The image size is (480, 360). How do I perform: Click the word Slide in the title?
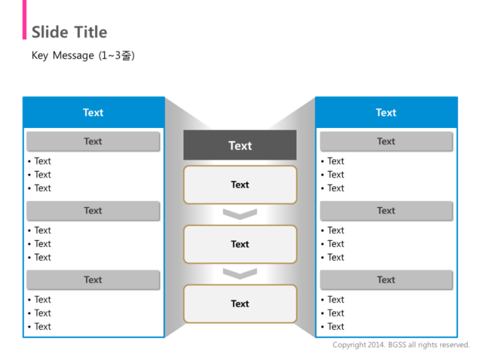pos(50,32)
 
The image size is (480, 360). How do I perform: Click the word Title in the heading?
pos(90,32)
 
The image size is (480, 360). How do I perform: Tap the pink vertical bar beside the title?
pos(25,19)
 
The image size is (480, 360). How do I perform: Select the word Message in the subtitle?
pos(73,56)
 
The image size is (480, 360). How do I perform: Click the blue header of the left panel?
pos(94,112)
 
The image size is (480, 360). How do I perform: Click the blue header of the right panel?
pos(386,112)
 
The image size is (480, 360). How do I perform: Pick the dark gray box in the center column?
pos(240,145)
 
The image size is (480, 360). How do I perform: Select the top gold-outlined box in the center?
pos(240,185)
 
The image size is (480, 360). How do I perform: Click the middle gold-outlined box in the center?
pos(240,244)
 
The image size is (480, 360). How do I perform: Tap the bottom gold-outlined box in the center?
pos(240,304)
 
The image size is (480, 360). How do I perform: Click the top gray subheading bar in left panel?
pos(93,142)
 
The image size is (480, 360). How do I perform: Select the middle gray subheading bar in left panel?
pos(93,211)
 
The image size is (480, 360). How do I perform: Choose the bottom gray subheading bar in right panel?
pos(386,280)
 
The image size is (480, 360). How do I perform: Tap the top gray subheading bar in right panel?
pos(386,142)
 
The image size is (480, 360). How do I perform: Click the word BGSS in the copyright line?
pos(397,345)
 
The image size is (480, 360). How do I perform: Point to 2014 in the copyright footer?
pos(377,345)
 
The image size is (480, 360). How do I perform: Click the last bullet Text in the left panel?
pos(43,326)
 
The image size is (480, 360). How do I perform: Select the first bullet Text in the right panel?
pos(336,161)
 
